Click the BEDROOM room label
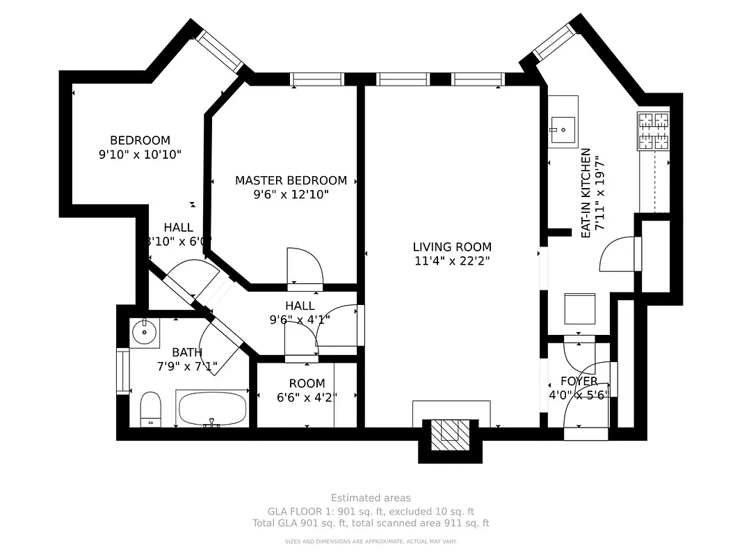[x=140, y=140]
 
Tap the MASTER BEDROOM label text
[x=291, y=180]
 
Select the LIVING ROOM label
[x=452, y=246]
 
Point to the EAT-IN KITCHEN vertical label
[x=586, y=193]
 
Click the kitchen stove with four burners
[x=653, y=131]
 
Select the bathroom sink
[x=145, y=331]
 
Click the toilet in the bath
[x=151, y=408]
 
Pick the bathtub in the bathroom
[x=212, y=408]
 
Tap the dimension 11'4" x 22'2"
[x=452, y=261]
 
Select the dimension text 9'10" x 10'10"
[x=140, y=155]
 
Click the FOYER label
[x=579, y=382]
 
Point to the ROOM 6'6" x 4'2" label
[x=307, y=391]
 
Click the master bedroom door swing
[x=305, y=266]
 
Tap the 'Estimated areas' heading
[x=371, y=498]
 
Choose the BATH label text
[x=186, y=352]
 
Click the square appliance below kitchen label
[x=579, y=308]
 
